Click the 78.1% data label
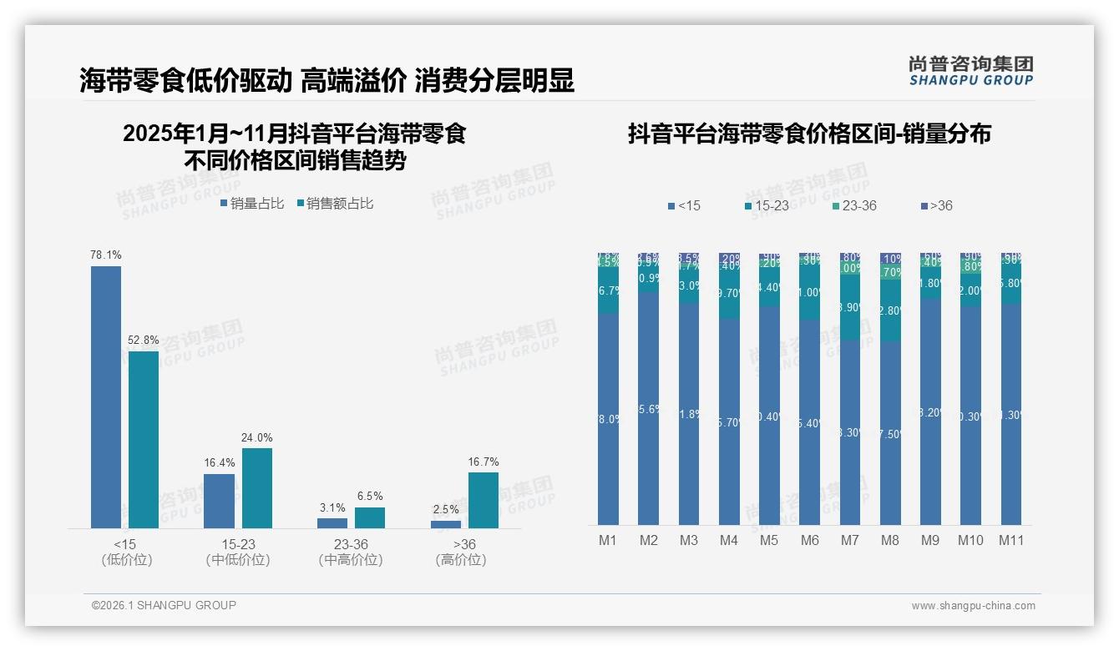[106, 255]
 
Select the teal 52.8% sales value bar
[144, 439]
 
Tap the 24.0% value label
[257, 437]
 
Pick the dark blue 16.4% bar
[219, 501]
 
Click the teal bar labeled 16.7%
[484, 500]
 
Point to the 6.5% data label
[370, 497]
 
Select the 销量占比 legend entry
[252, 203]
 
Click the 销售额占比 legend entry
[335, 203]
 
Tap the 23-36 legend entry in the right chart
[854, 205]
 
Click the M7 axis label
[849, 540]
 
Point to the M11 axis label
[1011, 540]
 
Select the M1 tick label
[608, 540]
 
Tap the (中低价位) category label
[238, 560]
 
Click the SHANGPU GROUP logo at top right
[970, 71]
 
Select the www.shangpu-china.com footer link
[973, 606]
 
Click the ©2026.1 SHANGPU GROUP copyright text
[164, 605]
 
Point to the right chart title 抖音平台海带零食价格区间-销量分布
[808, 134]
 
